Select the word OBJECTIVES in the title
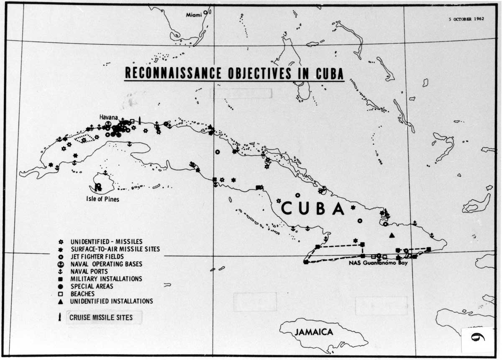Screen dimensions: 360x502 256,73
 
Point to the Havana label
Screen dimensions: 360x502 108,117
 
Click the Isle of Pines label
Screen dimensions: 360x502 102,199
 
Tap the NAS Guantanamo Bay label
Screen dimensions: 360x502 377,263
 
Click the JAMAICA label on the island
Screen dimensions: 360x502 314,332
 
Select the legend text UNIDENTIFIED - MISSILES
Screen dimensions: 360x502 106,242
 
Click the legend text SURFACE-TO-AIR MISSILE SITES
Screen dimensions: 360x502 115,249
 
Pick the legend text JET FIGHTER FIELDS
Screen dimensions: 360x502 97,257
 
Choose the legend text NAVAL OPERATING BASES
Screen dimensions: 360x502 106,264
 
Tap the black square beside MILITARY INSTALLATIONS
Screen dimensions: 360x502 61,279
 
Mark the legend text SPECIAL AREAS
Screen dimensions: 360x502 92,286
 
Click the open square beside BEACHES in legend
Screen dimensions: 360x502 61,294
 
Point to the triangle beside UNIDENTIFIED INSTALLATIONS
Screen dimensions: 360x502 61,301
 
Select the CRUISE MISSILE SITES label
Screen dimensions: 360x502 101,317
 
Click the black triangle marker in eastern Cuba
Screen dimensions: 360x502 392,235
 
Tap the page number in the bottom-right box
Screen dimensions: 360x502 477,338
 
